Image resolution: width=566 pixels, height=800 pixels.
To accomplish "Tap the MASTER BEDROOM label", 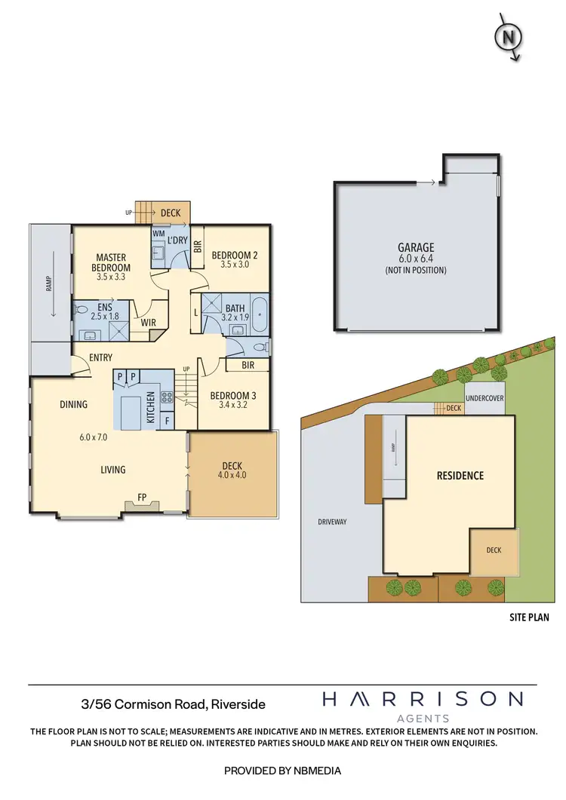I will point(111,263).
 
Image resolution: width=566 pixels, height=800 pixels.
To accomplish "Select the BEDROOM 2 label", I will point(234,256).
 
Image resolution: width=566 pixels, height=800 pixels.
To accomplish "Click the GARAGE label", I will point(416,247).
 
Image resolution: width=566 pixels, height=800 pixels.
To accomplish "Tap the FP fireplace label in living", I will point(141,498).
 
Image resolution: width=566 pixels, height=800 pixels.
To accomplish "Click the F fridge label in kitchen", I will point(168,419).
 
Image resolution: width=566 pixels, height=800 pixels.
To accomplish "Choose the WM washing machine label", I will point(158,234).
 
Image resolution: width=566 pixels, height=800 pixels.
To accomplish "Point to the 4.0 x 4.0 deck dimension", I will point(232,475).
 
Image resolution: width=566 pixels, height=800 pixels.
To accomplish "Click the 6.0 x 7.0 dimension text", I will point(94,437).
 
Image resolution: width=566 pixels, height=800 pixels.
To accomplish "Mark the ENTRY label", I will point(100,357).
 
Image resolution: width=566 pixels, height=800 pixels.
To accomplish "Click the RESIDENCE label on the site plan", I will point(460,476).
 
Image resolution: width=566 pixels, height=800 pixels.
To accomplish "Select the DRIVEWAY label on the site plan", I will point(331,521).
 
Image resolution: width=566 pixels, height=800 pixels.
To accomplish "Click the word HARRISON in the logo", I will point(422,699).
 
